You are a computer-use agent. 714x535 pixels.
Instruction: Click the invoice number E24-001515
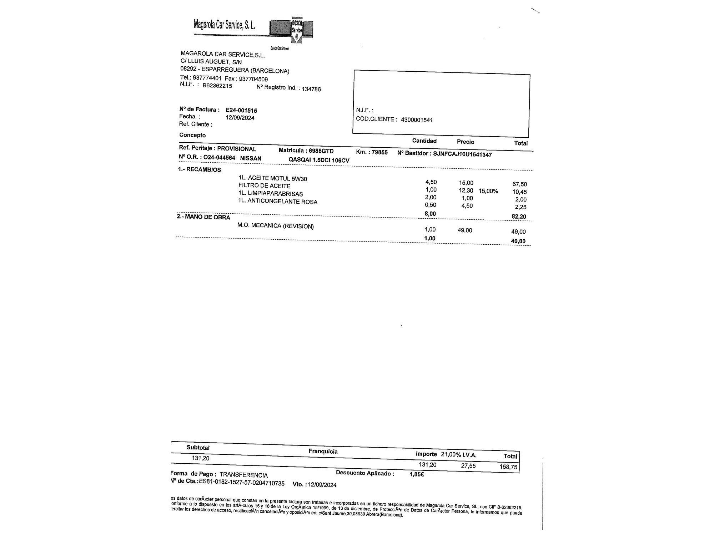tap(241, 111)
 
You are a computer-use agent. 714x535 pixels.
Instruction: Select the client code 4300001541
tap(417, 120)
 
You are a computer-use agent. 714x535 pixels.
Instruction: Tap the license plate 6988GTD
tap(321, 151)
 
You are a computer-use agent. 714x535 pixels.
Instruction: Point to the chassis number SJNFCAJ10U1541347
tap(462, 154)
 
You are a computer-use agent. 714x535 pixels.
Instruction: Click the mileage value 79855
tap(379, 152)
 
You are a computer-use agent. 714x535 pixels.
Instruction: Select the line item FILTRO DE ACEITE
tap(264, 186)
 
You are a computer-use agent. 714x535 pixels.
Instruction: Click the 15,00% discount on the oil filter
tap(488, 191)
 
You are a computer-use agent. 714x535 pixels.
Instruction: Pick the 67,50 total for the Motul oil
tap(519, 184)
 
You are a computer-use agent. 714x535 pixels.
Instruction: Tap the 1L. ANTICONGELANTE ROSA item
tap(278, 202)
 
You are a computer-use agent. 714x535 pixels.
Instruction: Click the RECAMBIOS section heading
tap(203, 170)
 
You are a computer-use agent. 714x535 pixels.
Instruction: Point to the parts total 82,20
tap(519, 216)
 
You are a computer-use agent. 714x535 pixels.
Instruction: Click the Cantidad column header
tap(424, 141)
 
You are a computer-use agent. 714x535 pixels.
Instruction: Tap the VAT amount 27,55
tap(468, 465)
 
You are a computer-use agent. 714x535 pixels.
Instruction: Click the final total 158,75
tap(509, 467)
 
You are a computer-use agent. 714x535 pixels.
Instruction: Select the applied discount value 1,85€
tap(417, 474)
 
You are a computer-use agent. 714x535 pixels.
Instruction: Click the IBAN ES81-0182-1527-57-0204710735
tap(242, 483)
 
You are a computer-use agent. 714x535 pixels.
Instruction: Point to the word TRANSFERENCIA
tap(243, 475)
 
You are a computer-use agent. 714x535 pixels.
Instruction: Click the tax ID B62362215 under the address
tap(217, 86)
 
